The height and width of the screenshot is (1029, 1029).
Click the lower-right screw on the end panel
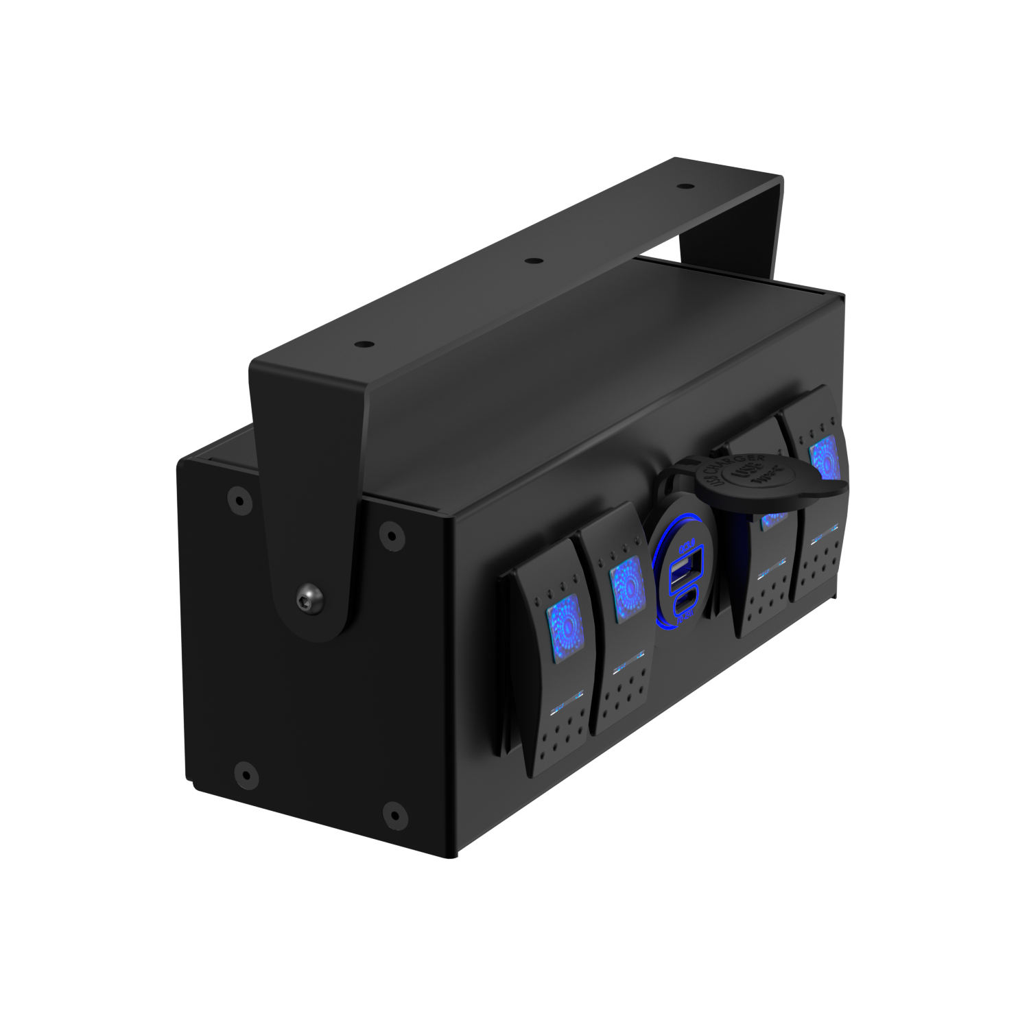(394, 814)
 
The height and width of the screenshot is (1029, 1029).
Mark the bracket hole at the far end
(682, 185)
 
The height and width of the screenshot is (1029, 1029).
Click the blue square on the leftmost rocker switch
(564, 629)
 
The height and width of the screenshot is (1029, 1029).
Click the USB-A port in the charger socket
(683, 569)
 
